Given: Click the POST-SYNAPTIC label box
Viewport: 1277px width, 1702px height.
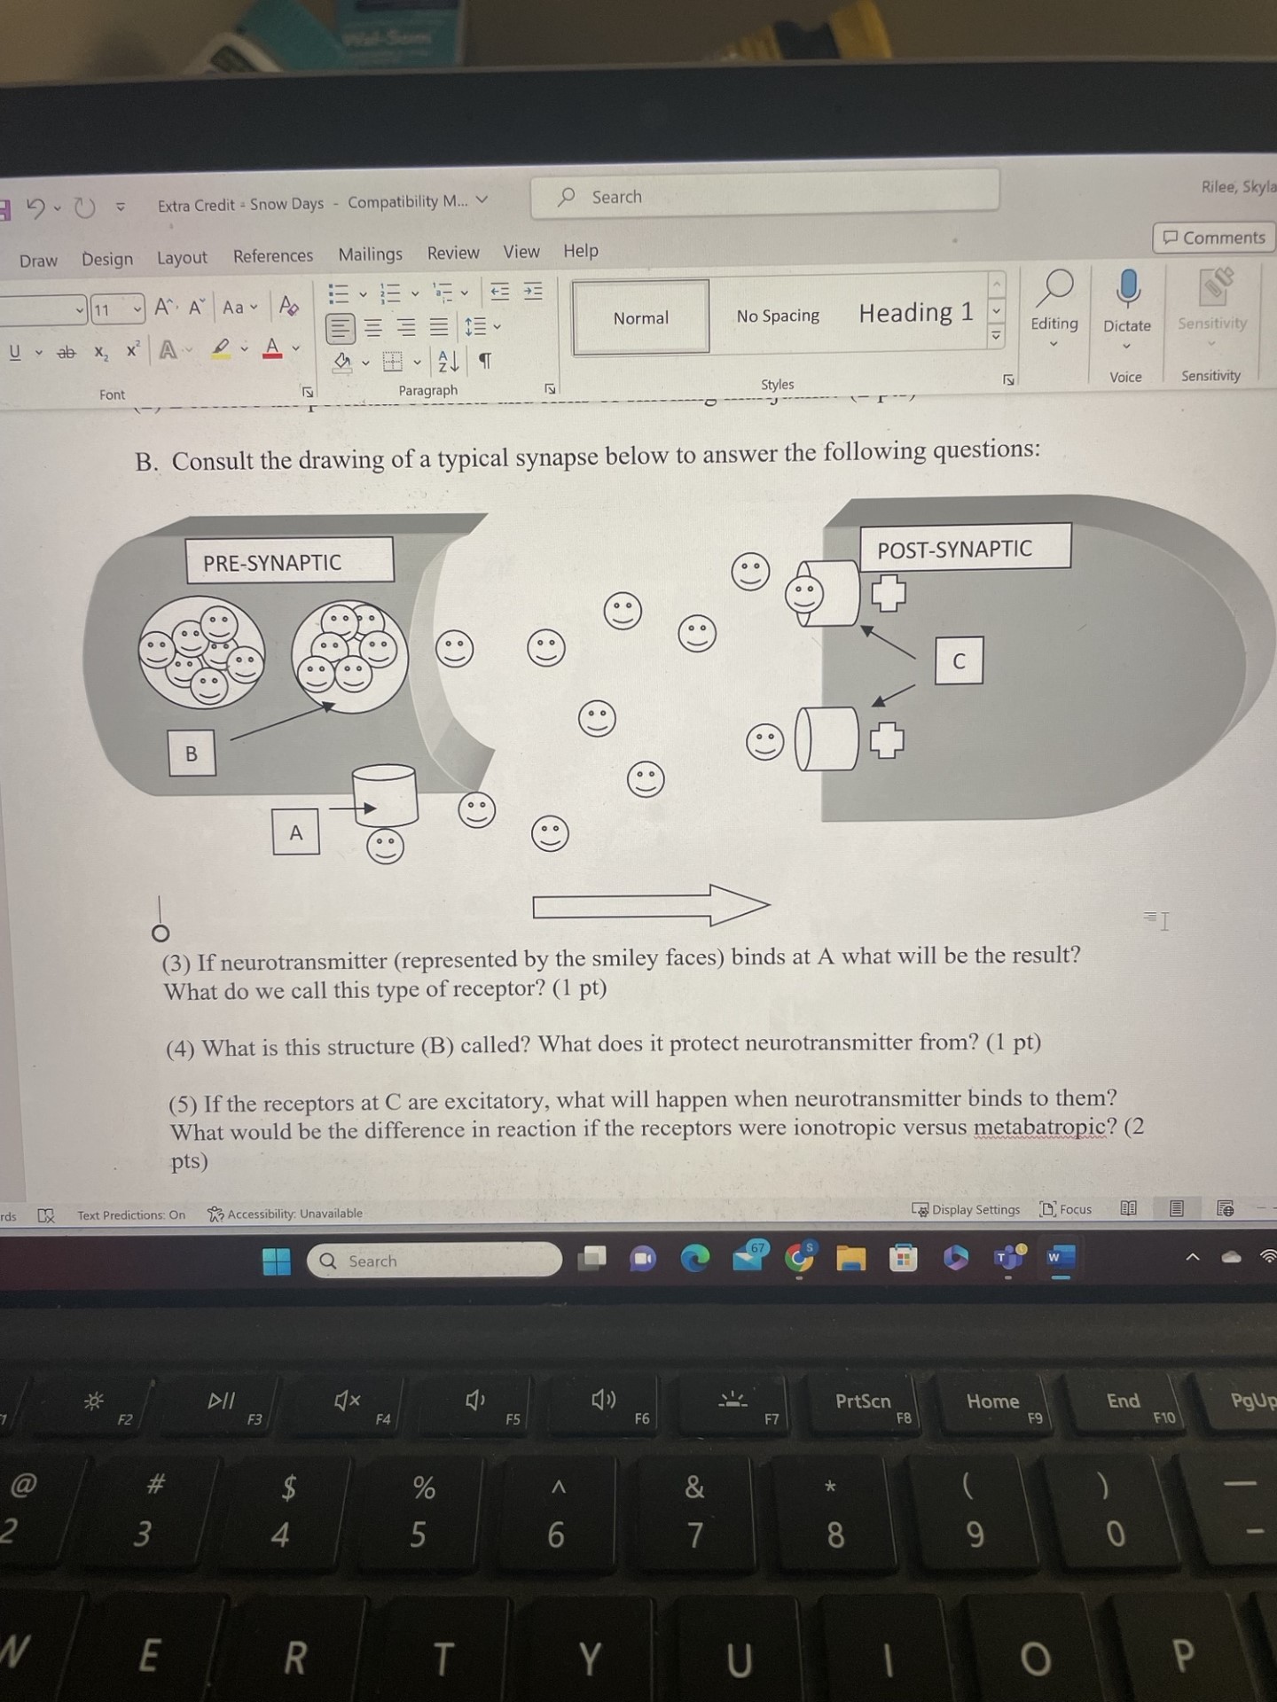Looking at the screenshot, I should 965,548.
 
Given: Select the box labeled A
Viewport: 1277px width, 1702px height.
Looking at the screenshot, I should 296,831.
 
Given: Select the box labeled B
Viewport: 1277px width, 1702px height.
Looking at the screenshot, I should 192,753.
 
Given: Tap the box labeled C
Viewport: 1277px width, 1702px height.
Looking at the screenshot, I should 959,660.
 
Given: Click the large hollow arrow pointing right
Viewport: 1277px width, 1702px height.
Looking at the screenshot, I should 650,905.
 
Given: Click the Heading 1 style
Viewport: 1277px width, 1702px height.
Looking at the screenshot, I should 915,313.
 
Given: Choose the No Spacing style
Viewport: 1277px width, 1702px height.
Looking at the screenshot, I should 777,316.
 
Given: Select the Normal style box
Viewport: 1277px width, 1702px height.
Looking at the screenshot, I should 640,317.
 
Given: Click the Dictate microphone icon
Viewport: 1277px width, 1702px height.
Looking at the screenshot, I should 1127,289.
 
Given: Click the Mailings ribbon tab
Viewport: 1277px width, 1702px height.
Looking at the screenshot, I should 370,254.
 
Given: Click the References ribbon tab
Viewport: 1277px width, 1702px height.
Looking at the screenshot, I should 272,256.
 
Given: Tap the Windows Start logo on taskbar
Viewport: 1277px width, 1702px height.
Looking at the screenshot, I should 277,1261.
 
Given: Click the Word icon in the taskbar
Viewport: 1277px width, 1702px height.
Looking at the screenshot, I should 1061,1257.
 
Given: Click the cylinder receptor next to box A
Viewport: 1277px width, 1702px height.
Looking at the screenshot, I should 385,795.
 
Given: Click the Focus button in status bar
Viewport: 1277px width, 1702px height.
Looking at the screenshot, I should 1067,1209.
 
